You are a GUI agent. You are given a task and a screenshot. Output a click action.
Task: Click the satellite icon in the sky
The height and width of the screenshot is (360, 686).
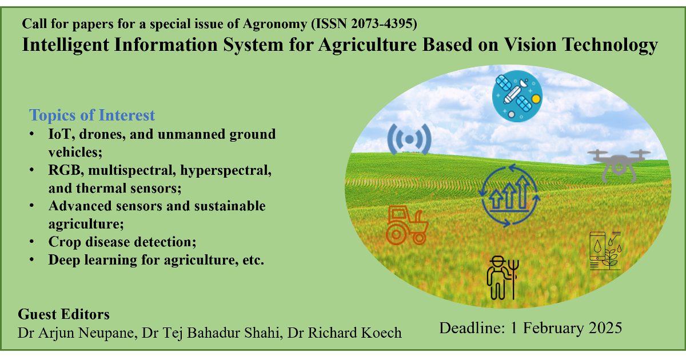pyautogui.click(x=517, y=96)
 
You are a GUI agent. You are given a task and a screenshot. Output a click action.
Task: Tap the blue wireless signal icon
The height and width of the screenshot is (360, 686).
pyautogui.click(x=409, y=139)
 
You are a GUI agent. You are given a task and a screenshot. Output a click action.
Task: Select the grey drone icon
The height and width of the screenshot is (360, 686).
pyautogui.click(x=619, y=165)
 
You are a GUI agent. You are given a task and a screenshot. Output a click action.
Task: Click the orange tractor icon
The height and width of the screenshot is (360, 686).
pyautogui.click(x=407, y=225)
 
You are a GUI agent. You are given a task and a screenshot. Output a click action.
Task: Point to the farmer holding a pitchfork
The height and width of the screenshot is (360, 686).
pyautogui.click(x=502, y=278)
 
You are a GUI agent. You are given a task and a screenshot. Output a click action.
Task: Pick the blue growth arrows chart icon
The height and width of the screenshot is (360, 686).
pyautogui.click(x=509, y=195)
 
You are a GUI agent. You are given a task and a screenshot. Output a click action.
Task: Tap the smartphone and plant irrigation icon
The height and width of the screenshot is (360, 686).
pyautogui.click(x=605, y=251)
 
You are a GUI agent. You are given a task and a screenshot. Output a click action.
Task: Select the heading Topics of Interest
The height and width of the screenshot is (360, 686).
pyautogui.click(x=92, y=115)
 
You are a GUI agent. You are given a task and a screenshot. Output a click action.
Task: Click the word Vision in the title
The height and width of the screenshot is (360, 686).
pyautogui.click(x=531, y=45)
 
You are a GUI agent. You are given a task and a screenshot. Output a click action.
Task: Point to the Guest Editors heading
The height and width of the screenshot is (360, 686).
pyautogui.click(x=63, y=314)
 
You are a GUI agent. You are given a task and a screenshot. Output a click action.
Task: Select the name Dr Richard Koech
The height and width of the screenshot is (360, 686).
pyautogui.click(x=345, y=333)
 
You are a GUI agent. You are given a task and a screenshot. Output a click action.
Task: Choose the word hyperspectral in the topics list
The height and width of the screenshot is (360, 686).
pyautogui.click(x=226, y=170)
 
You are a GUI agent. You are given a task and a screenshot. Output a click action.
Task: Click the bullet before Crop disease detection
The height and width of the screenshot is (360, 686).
pyautogui.click(x=31, y=242)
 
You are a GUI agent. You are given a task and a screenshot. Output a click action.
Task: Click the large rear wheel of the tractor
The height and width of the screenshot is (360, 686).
pyautogui.click(x=396, y=235)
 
